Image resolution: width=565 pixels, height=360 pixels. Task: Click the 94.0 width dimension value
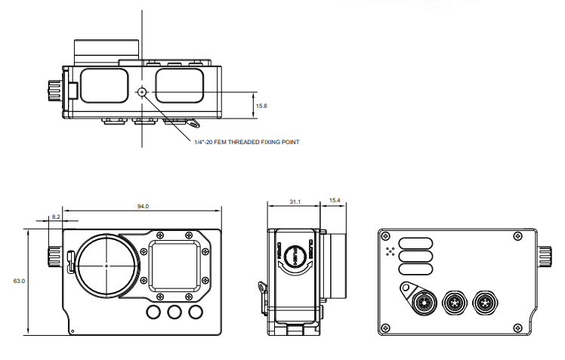pyautogui.click(x=142, y=206)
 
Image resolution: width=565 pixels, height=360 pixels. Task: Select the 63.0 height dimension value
pyautogui.click(x=19, y=281)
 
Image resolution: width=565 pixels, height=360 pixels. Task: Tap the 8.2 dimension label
pyautogui.click(x=55, y=217)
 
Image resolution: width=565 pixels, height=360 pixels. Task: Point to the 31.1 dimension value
pyautogui.click(x=295, y=202)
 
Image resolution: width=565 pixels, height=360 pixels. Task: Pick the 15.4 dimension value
pyautogui.click(x=335, y=201)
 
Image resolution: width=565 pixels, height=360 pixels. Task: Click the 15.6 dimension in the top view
pyautogui.click(x=261, y=106)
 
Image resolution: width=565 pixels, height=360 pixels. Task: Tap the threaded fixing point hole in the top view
pyautogui.click(x=142, y=92)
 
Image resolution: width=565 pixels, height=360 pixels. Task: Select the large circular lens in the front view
pyautogui.click(x=107, y=265)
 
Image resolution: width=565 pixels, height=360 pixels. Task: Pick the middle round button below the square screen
pyautogui.click(x=175, y=312)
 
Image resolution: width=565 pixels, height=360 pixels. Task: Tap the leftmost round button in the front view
pyautogui.click(x=154, y=312)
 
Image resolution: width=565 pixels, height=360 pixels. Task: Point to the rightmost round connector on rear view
pyautogui.click(x=483, y=304)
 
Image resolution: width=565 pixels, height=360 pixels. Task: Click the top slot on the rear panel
pyautogui.click(x=417, y=242)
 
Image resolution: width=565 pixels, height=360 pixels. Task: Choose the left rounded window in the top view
pyautogui.click(x=104, y=84)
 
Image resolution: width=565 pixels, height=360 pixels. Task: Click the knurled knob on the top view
pyautogui.click(x=54, y=90)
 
